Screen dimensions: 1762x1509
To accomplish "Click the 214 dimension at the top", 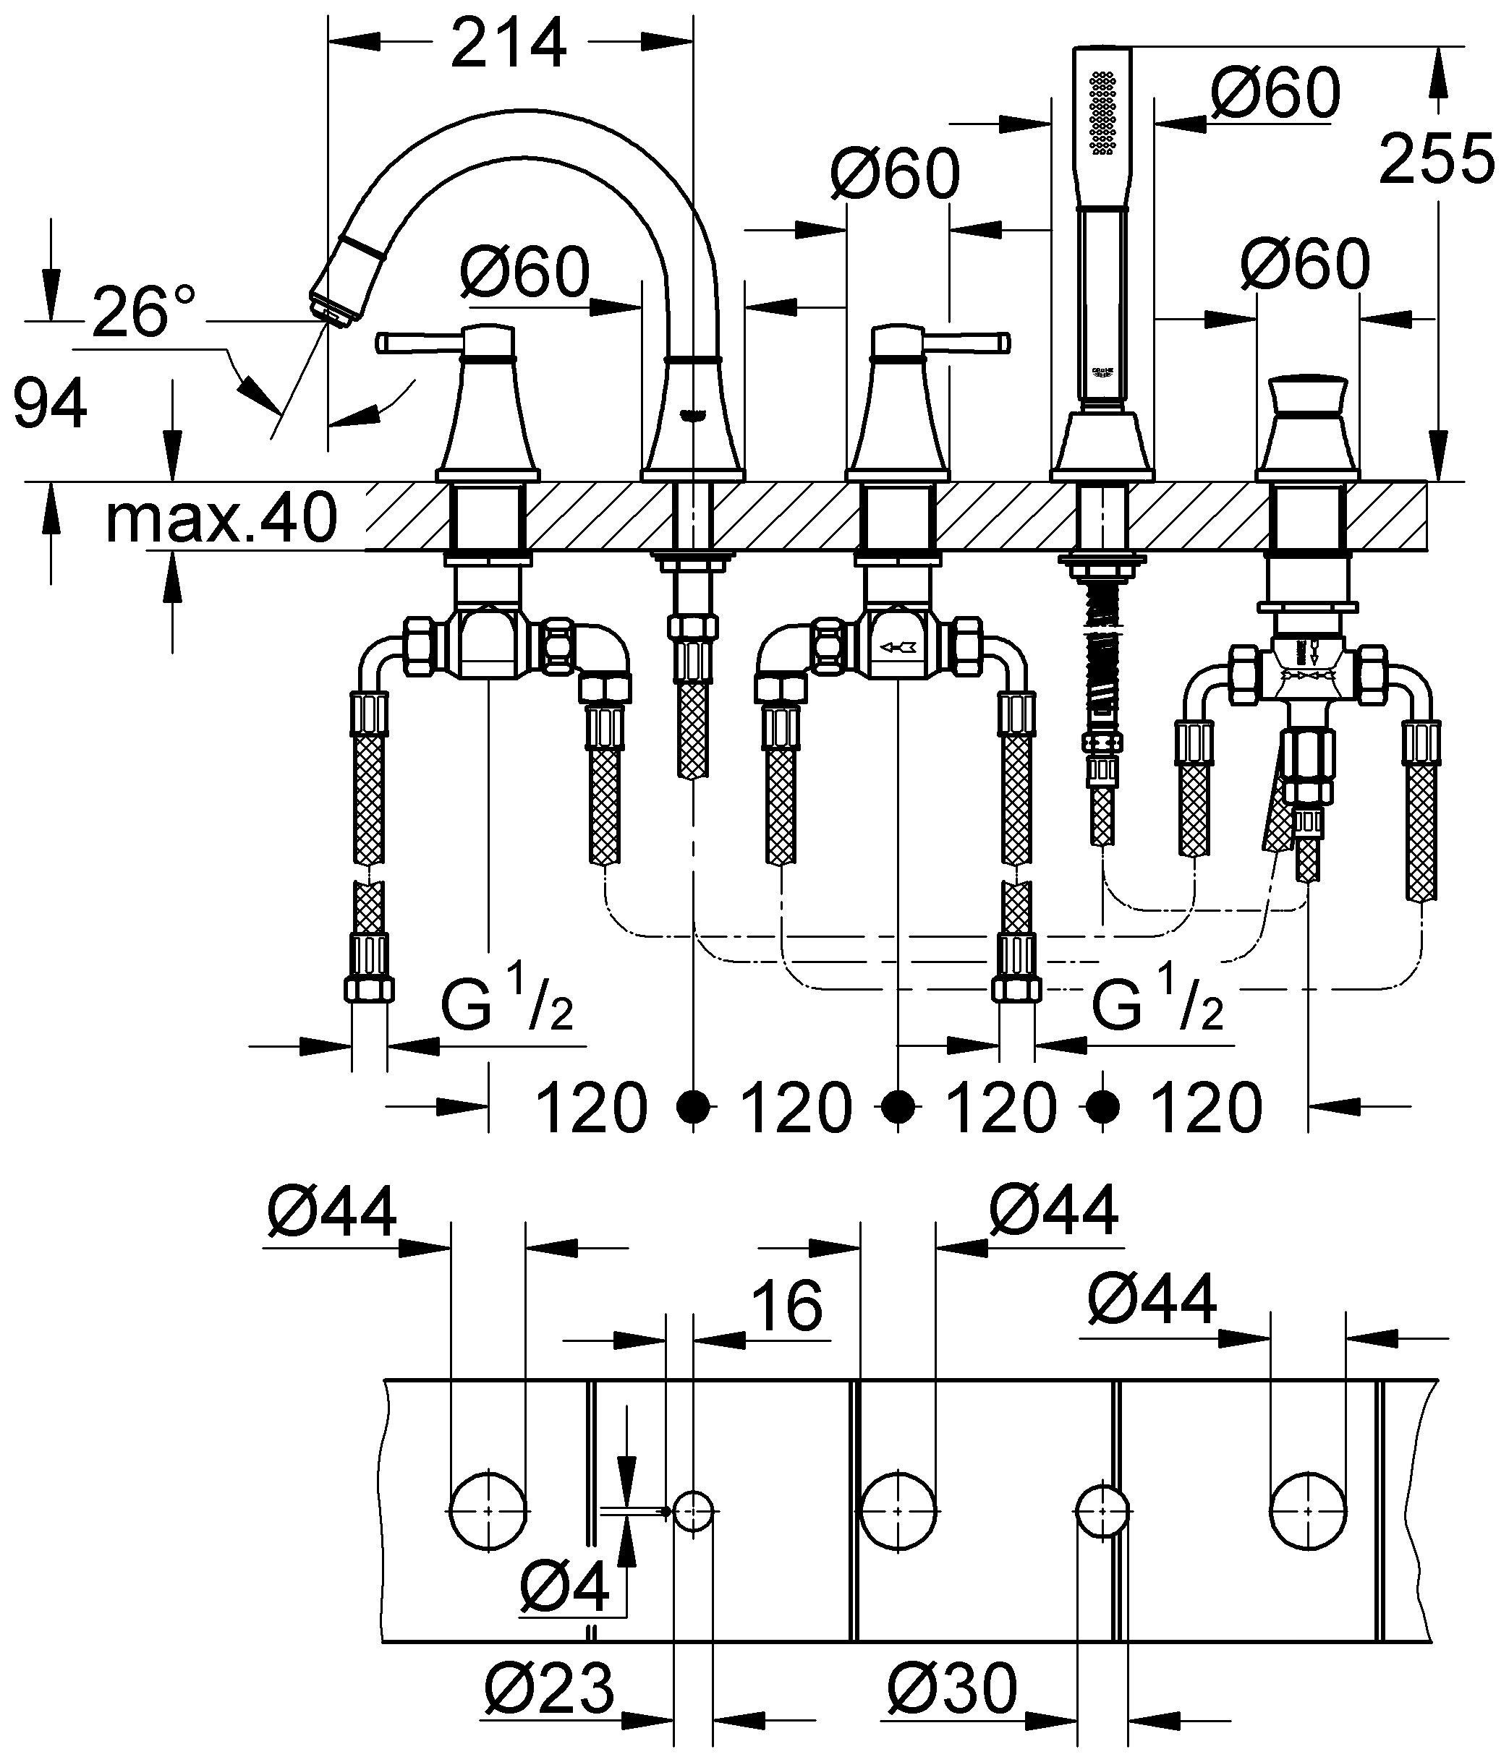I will [x=509, y=44].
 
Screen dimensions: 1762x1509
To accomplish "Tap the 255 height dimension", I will [x=1437, y=158].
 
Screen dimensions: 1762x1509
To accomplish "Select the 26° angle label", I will [x=144, y=313].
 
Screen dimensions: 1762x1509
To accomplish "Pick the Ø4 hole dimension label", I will [x=564, y=1588].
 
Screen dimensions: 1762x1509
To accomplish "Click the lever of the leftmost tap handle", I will [x=417, y=343].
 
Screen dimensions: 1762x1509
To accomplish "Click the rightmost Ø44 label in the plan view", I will [x=1152, y=1299].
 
